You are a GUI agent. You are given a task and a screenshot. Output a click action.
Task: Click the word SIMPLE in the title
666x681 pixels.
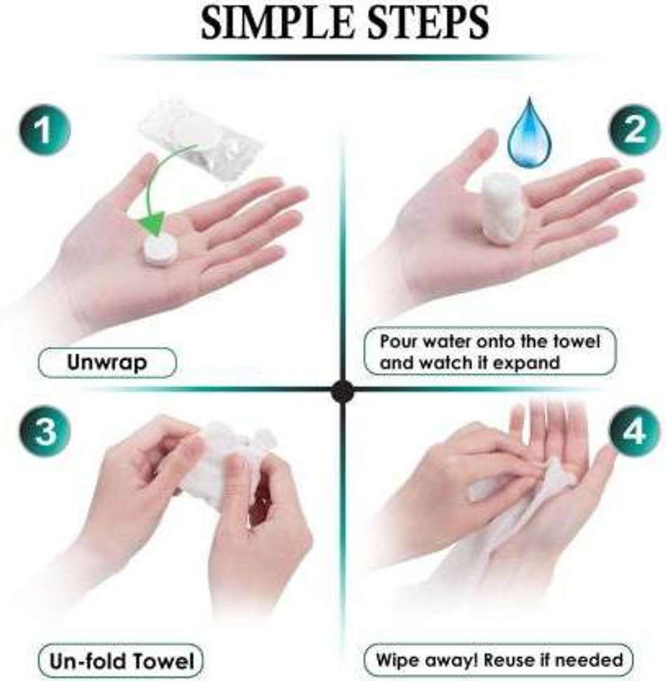[277, 22]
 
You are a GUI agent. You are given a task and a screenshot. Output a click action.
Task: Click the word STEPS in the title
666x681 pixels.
[428, 22]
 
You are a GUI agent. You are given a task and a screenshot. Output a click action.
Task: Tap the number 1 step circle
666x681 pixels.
[44, 129]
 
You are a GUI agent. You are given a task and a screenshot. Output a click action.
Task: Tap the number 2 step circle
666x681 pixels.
[634, 129]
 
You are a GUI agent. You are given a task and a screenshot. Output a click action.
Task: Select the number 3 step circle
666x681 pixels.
[44, 432]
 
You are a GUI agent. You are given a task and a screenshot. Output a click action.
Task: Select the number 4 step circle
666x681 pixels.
[634, 432]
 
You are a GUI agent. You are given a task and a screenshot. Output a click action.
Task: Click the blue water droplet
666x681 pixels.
[530, 134]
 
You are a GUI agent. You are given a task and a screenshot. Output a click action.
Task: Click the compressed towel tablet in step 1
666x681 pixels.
[161, 250]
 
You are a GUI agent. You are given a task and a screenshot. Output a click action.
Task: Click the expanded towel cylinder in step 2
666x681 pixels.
[503, 207]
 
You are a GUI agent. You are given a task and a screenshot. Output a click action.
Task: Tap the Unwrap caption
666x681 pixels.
[107, 363]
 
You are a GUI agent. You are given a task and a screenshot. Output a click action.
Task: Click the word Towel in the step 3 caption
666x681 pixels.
[163, 661]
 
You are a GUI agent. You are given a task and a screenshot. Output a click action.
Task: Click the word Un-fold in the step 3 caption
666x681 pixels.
[88, 661]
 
